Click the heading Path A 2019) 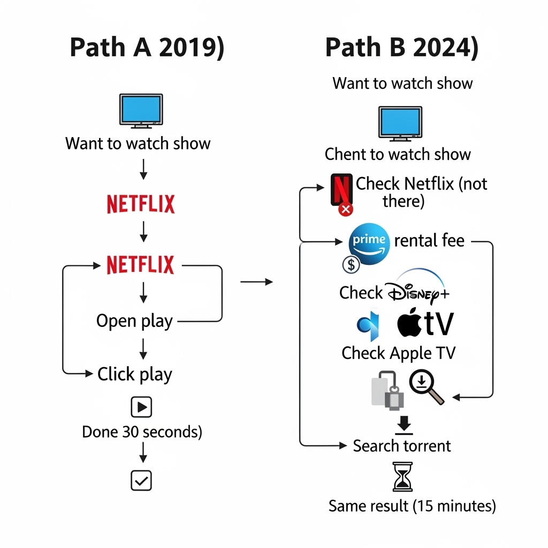(x=147, y=48)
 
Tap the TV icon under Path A (x=141, y=111)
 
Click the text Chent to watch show (x=398, y=155)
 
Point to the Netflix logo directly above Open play (x=141, y=265)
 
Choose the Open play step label (x=134, y=321)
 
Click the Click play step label (x=134, y=374)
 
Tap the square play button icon (x=141, y=407)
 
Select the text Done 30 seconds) (x=142, y=432)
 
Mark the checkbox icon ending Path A (x=141, y=480)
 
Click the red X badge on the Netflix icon (x=346, y=209)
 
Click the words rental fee (x=429, y=241)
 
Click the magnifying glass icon (x=425, y=387)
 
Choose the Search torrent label (x=401, y=446)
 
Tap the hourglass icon (x=403, y=477)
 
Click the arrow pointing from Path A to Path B (x=256, y=282)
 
